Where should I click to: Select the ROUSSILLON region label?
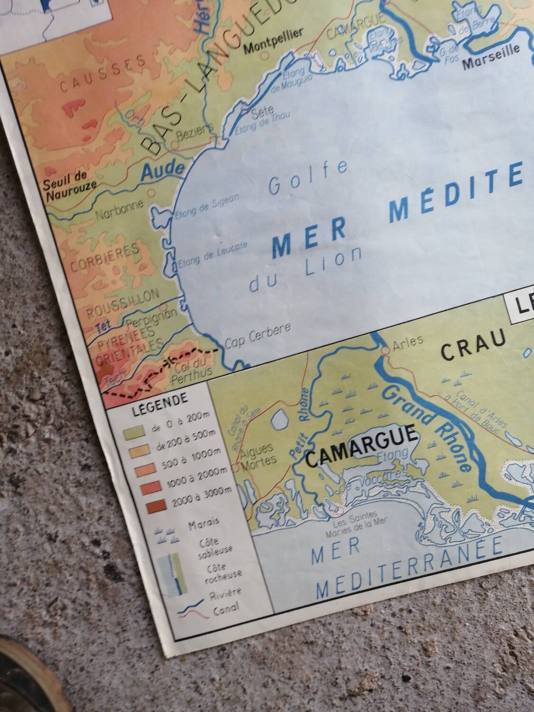coord(122,302)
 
